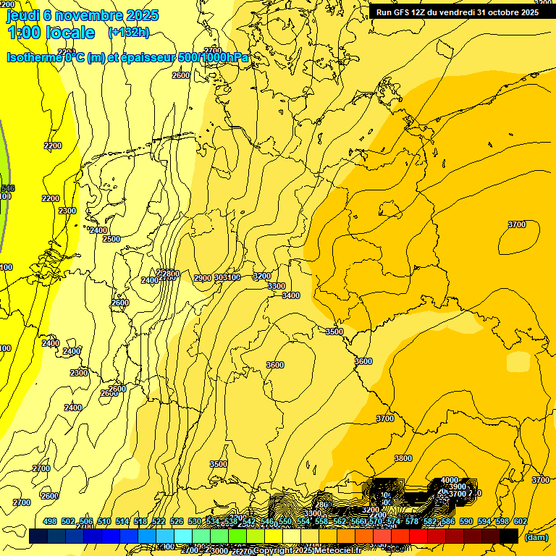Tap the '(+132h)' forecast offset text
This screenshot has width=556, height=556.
(128, 32)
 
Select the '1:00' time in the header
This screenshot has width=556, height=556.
(24, 33)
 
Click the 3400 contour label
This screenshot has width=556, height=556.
(291, 295)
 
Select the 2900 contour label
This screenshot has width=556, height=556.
(203, 278)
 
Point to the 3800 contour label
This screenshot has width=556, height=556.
(403, 458)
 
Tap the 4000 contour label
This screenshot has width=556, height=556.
(450, 480)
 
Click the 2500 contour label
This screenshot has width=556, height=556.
(111, 239)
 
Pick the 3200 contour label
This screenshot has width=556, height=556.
(261, 276)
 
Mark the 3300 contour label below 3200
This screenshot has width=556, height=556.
(277, 286)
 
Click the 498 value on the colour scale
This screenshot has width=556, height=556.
(50, 521)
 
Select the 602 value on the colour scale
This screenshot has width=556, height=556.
(520, 521)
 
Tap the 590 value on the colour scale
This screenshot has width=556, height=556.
(466, 521)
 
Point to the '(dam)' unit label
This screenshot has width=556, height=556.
(536, 537)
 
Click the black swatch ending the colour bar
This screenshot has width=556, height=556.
(509, 536)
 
